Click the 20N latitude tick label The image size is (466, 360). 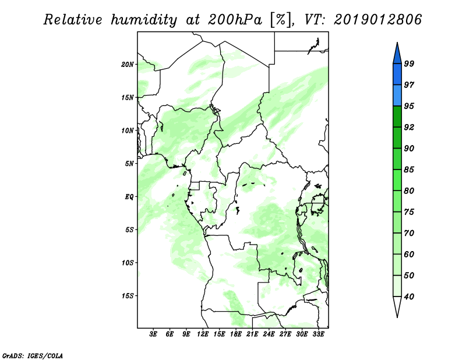[128, 65]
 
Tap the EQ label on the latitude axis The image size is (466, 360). [129, 197]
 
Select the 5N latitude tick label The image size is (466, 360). [129, 164]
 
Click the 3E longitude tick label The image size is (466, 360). [153, 334]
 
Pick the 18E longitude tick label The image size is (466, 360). [236, 334]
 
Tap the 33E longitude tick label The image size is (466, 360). [318, 334]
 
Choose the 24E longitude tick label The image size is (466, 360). [269, 334]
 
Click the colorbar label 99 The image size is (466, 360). [409, 63]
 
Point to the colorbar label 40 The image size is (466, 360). [409, 297]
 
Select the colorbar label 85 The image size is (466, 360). [409, 170]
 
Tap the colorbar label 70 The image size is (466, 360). [409, 233]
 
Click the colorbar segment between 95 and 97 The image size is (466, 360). [397, 96]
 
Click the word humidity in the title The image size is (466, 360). [144, 20]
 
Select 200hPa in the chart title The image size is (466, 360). [235, 20]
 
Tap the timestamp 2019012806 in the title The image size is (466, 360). [377, 20]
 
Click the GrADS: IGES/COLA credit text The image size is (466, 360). [33, 356]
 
